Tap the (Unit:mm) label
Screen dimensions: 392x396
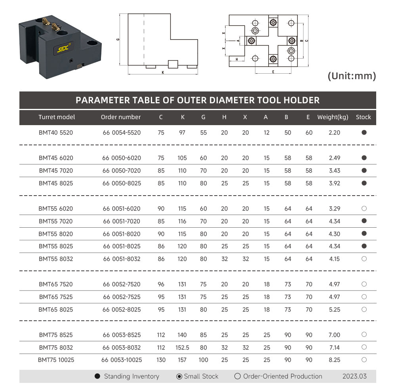tap(352, 76)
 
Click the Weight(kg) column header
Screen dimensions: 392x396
tap(333, 117)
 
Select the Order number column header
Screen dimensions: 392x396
tap(121, 117)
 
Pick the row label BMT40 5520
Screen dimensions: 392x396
tap(56, 133)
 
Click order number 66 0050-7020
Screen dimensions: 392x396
tap(122, 171)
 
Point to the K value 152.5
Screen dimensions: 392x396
tap(182, 348)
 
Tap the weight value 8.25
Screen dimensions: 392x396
tap(335, 360)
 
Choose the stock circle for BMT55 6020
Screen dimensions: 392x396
tap(364, 208)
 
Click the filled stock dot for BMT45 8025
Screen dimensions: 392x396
tap(364, 183)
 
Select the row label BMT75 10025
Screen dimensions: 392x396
tap(56, 360)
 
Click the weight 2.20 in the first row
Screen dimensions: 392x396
tap(335, 133)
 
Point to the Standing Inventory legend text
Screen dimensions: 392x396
tap(131, 376)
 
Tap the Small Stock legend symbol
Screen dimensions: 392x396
tap(179, 376)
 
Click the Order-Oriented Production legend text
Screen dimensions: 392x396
tap(283, 376)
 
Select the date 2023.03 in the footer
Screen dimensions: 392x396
tap(354, 376)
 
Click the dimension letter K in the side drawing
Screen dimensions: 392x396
tap(163, 73)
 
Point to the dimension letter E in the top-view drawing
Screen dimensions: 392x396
tap(273, 72)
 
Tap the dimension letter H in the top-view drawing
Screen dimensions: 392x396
tap(236, 59)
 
